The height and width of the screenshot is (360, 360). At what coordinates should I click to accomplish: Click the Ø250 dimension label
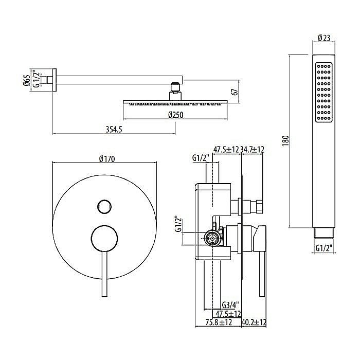176,115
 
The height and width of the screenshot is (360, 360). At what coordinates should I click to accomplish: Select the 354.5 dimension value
114,130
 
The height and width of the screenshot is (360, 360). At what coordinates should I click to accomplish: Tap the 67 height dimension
235,92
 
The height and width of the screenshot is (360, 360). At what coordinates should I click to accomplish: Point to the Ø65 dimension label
27,80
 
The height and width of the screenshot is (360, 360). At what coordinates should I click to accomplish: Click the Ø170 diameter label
107,159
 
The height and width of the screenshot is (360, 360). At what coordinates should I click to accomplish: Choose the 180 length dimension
285,141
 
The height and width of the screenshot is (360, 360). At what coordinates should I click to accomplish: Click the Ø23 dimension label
324,38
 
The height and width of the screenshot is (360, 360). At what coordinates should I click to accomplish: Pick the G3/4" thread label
230,305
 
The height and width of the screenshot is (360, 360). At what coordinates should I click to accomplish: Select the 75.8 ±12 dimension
219,322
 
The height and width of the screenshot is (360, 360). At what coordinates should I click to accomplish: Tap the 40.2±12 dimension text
254,322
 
